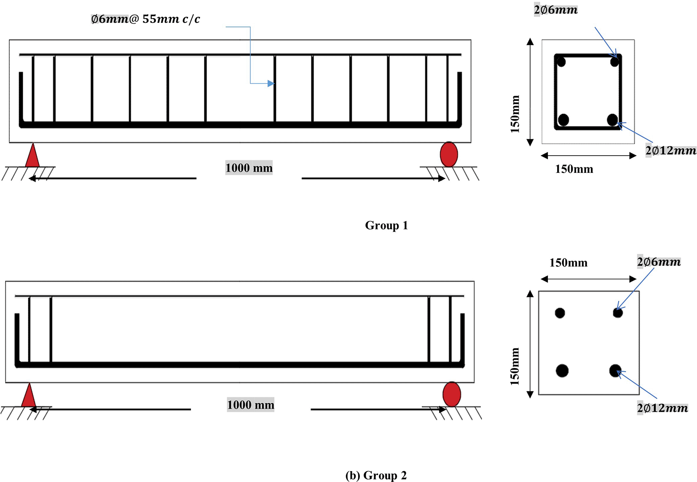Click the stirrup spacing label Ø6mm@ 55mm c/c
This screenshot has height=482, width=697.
click(x=145, y=19)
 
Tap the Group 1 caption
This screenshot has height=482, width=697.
click(x=386, y=225)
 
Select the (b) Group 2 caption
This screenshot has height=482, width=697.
click(x=376, y=475)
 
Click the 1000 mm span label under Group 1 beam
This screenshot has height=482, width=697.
click(x=249, y=168)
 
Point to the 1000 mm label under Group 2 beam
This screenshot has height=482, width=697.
click(x=250, y=405)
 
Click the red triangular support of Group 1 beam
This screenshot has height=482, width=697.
click(x=32, y=156)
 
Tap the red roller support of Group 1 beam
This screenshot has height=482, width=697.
click(x=449, y=154)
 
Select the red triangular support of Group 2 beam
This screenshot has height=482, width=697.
click(x=29, y=396)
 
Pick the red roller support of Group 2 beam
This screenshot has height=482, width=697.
click(x=451, y=394)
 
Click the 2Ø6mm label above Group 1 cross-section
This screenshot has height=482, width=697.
click(x=555, y=10)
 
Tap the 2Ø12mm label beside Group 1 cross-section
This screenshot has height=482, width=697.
click(x=670, y=151)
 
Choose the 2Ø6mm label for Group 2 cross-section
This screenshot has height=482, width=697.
click(x=659, y=262)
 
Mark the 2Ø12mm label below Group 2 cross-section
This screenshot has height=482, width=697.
click(x=662, y=408)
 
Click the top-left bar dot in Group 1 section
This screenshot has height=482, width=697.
click(x=561, y=62)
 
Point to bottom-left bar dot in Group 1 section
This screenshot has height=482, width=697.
click(x=563, y=120)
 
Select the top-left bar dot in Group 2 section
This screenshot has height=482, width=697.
click(x=560, y=313)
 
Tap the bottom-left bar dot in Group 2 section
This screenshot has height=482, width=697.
click(x=562, y=371)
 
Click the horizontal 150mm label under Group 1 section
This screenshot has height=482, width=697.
click(x=574, y=169)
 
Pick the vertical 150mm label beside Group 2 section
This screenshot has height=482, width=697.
click(x=515, y=366)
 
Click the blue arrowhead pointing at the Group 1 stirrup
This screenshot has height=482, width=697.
click(x=271, y=83)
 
